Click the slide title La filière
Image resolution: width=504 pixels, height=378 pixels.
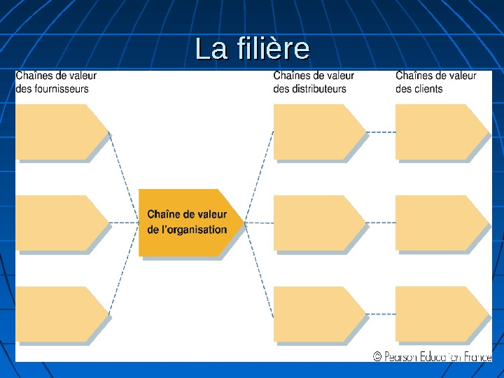252,49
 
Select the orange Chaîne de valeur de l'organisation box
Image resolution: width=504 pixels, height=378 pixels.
189,222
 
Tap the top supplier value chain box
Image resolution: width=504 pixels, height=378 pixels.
59,132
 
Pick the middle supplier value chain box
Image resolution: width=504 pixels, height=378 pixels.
59,223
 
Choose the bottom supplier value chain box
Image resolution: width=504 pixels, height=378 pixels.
59,314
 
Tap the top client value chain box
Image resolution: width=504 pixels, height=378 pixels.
440,132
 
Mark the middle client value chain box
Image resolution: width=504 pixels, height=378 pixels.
440,223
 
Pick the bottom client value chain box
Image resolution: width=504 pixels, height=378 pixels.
440,314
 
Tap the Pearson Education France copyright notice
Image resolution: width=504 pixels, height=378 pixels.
432,356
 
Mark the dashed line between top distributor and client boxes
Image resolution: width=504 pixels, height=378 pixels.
381,132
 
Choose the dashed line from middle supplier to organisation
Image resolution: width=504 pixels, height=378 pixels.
124,223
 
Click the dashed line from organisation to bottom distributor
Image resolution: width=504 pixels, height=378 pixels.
260,269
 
